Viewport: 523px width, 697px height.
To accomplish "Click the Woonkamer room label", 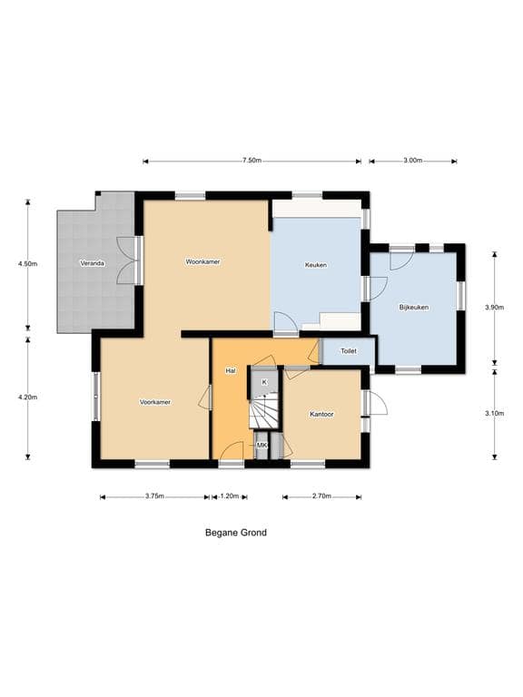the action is pos(202,261).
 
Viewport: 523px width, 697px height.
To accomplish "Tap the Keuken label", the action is pos(316,265).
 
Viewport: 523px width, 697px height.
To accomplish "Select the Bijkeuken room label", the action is pos(414,307).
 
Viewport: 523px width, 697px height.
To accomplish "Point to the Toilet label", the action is pos(349,351).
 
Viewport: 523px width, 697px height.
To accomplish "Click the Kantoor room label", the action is pos(321,414).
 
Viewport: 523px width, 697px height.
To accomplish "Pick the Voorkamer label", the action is pos(155,402).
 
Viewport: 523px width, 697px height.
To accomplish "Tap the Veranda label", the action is pos(92,263).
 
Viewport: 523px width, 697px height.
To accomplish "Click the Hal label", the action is pos(231,370).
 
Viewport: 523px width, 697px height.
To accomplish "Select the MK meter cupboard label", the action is pos(261,445).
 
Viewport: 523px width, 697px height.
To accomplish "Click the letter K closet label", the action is pos(264,382).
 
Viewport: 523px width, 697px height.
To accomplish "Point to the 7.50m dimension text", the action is pos(252,161).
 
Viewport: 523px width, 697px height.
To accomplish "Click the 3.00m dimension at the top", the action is pos(413,161).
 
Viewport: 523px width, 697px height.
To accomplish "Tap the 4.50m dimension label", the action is pos(27,263).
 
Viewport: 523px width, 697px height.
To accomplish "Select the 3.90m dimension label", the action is pos(495,307).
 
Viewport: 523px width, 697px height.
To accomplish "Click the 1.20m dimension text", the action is pos(230,496).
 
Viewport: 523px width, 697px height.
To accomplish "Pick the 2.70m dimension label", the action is pos(321,496).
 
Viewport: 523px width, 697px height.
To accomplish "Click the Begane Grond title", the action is pos(236,533).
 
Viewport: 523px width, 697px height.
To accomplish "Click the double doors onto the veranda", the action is pos(129,260).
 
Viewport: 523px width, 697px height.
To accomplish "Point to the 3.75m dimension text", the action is pos(154,496).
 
